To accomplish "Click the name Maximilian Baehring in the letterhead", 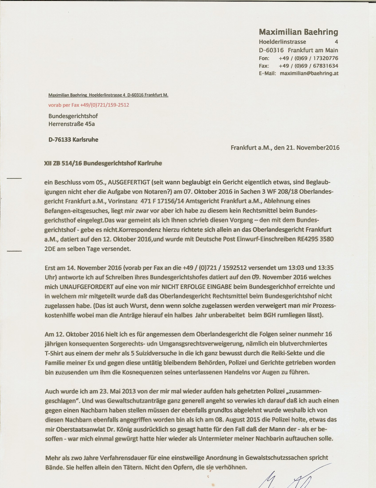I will (298, 32).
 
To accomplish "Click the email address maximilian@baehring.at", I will (309, 73).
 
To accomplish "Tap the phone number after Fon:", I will (308, 58).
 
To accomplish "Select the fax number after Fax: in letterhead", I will (308, 66).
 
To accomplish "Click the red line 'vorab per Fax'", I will (89, 105).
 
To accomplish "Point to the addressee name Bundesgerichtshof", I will (73, 116).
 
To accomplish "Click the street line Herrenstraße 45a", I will (72, 124).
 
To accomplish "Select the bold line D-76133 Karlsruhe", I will (73, 139).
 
